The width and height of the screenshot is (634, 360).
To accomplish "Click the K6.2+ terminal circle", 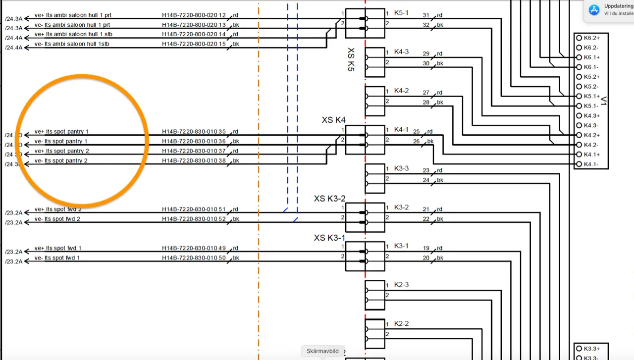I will [x=579, y=38].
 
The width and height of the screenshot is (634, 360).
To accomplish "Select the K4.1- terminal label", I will [x=591, y=164].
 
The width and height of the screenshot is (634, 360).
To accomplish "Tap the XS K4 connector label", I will [x=333, y=120].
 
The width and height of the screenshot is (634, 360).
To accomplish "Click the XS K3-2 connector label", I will [x=329, y=199].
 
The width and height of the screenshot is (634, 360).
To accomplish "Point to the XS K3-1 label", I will [x=329, y=238].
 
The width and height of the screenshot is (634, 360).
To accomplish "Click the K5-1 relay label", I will [x=401, y=12].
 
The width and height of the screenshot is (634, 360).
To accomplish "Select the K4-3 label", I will [x=401, y=51].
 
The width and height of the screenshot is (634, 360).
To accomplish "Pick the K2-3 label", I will [x=401, y=285].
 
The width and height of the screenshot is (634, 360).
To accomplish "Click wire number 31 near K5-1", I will [x=426, y=15].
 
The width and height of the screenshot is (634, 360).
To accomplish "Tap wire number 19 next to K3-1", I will [x=426, y=248].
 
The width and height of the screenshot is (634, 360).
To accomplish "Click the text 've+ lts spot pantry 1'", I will [x=61, y=132].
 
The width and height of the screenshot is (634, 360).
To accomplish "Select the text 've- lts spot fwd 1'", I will [x=57, y=258].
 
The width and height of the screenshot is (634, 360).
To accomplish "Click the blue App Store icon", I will [x=594, y=9].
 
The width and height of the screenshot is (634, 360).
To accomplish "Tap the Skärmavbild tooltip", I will [x=322, y=351].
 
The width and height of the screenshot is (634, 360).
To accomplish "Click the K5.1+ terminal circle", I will [x=579, y=96].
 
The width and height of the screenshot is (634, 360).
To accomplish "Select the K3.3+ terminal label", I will [x=591, y=349].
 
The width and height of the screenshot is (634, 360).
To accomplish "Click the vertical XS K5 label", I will [x=351, y=60].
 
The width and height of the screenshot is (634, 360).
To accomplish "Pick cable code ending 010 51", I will [x=194, y=209].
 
